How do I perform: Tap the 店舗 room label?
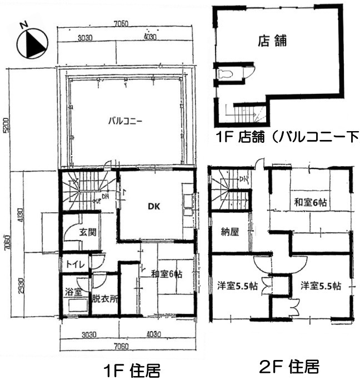(272, 41)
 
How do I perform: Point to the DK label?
(154, 205)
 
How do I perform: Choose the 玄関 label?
(86, 231)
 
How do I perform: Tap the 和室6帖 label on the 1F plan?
(166, 273)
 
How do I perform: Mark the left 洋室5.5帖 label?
(237, 286)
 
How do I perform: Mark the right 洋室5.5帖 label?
(321, 286)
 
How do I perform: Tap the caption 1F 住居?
(132, 369)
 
